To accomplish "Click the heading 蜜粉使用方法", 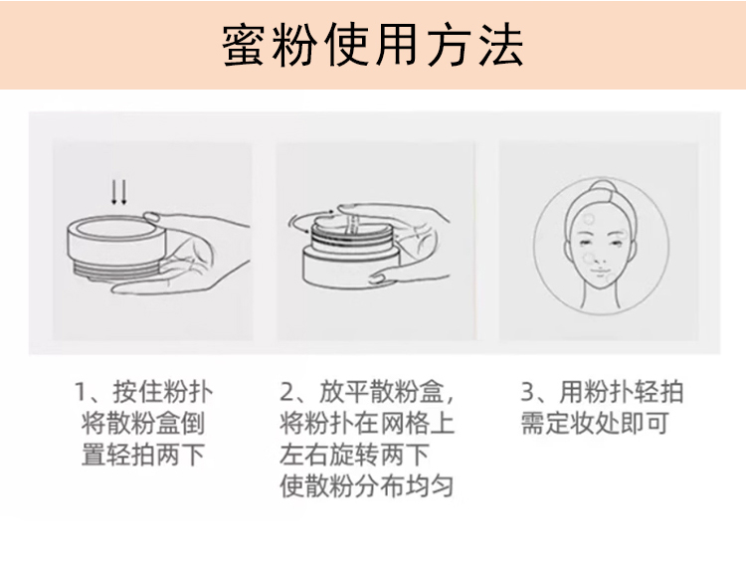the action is (x=373, y=45).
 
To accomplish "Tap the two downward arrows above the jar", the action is (x=119, y=192).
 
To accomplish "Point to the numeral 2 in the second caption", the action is (x=287, y=392).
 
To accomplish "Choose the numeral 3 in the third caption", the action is (x=528, y=392).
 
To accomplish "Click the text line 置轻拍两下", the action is (x=143, y=455).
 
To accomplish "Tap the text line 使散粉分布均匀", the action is (x=367, y=486).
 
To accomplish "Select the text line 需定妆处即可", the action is (x=595, y=423).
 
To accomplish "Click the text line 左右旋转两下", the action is (x=354, y=455).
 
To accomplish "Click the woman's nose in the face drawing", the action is (x=602, y=256).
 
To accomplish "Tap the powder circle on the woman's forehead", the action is (x=589, y=219).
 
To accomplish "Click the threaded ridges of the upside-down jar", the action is (x=116, y=273).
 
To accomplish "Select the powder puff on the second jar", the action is (x=352, y=224).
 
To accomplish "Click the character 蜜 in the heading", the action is (x=244, y=45).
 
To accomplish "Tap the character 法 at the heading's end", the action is (x=501, y=45).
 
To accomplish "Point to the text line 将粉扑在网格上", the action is (x=367, y=423).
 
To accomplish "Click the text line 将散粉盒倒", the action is (x=143, y=423).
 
